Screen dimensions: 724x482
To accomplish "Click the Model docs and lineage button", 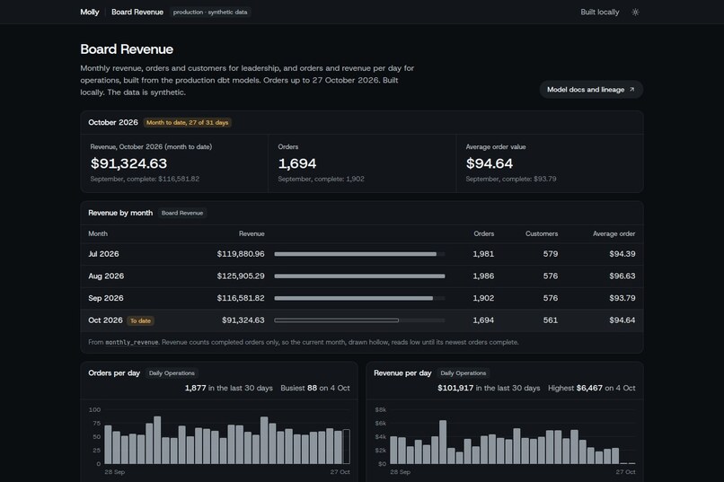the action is coord(591,90).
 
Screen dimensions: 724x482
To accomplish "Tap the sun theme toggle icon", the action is coord(635,13).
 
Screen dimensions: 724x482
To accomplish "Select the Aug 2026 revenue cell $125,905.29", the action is coord(241,276).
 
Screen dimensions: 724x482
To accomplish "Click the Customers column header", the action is coord(542,234).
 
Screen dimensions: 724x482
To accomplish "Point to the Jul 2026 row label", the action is coord(103,254).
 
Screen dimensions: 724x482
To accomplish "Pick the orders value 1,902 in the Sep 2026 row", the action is coord(483,298).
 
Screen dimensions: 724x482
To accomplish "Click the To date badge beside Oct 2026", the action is coord(140,320).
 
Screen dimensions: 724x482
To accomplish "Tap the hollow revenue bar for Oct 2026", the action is coord(336,320).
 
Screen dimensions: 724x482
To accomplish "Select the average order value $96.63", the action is coord(622,276).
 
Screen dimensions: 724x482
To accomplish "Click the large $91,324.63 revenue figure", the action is coord(128,163).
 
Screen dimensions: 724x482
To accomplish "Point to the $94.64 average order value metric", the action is coord(490,163).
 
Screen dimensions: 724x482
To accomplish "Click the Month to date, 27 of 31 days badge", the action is coord(188,123).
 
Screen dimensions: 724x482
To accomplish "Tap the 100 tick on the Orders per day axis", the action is coord(94,409).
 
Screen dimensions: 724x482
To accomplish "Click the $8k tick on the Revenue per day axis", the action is coord(381,409).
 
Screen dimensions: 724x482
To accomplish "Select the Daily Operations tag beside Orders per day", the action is coord(172,373).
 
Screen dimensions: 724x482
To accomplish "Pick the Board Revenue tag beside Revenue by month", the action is coord(182,213).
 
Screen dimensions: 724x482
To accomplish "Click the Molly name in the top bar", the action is coord(90,12).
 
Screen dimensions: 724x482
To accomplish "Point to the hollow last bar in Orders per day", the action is coord(347,446).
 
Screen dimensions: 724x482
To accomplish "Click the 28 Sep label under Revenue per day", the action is coord(401,472).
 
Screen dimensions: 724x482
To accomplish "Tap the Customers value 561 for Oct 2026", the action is coord(551,320).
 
